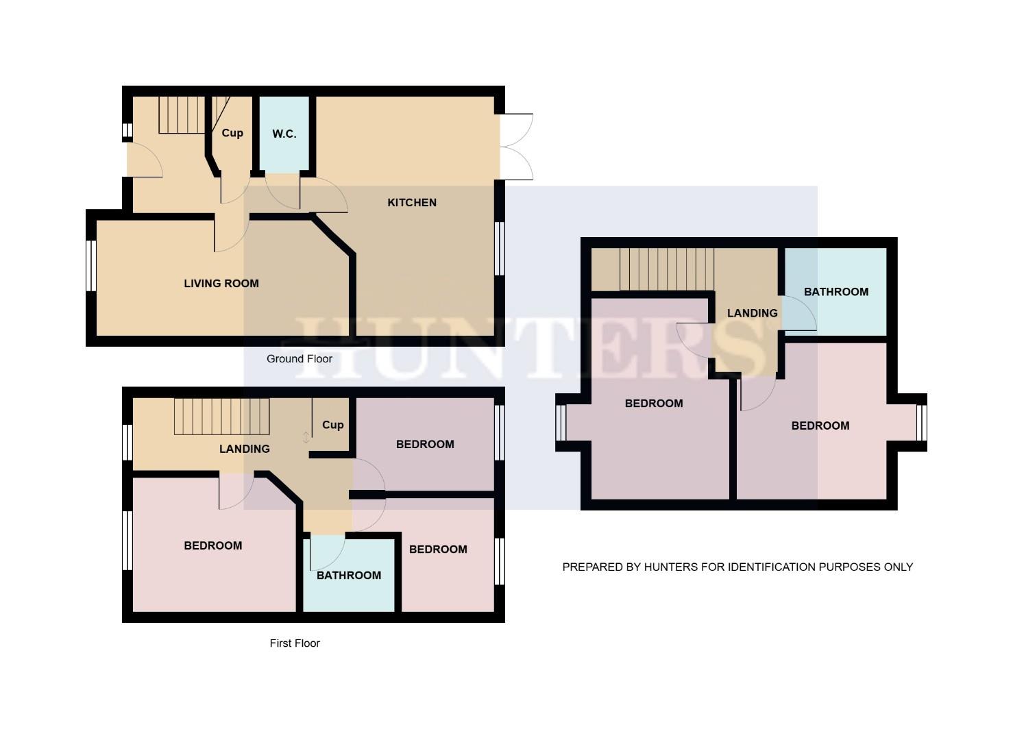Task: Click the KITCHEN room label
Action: [x=412, y=202]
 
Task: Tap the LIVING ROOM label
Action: [x=221, y=283]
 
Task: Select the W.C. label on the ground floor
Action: [x=284, y=134]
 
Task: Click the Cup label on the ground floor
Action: [x=232, y=133]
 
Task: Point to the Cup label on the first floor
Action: [x=332, y=425]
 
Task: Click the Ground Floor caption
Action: [x=300, y=358]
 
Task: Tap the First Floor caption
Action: [x=295, y=643]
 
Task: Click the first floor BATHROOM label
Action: [x=349, y=575]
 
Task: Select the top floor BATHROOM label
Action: [x=836, y=292]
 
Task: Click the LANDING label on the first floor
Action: [x=245, y=449]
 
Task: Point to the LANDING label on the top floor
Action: [x=752, y=313]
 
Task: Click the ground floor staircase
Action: [x=182, y=114]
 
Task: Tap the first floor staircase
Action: [x=221, y=416]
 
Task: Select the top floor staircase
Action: [x=666, y=269]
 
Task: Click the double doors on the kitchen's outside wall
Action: [x=516, y=147]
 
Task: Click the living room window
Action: [x=90, y=266]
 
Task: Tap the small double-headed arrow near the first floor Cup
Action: [x=306, y=437]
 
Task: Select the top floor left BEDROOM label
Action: [x=654, y=403]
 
